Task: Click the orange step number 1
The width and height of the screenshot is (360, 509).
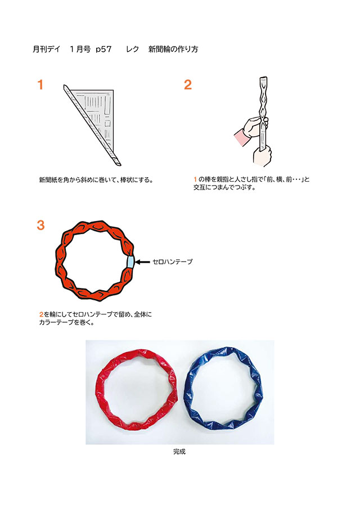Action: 40,85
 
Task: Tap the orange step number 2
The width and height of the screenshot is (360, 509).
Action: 188,85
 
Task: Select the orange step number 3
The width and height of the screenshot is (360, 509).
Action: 40,225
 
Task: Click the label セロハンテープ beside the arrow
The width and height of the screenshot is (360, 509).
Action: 172,262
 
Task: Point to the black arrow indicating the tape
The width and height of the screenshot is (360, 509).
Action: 142,262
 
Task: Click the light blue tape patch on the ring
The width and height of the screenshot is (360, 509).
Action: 130,262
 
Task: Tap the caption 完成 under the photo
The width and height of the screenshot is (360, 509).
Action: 179,452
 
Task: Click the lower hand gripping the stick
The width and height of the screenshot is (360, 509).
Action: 262,156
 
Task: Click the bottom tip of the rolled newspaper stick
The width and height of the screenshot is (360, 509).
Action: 119,164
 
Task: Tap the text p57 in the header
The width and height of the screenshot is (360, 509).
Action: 103,49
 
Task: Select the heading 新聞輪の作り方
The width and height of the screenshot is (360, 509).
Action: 173,49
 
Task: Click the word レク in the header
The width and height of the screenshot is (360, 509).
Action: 132,49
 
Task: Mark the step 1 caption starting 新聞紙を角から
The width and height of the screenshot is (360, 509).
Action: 96,180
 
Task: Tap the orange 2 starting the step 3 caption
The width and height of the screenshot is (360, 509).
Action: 41,314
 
